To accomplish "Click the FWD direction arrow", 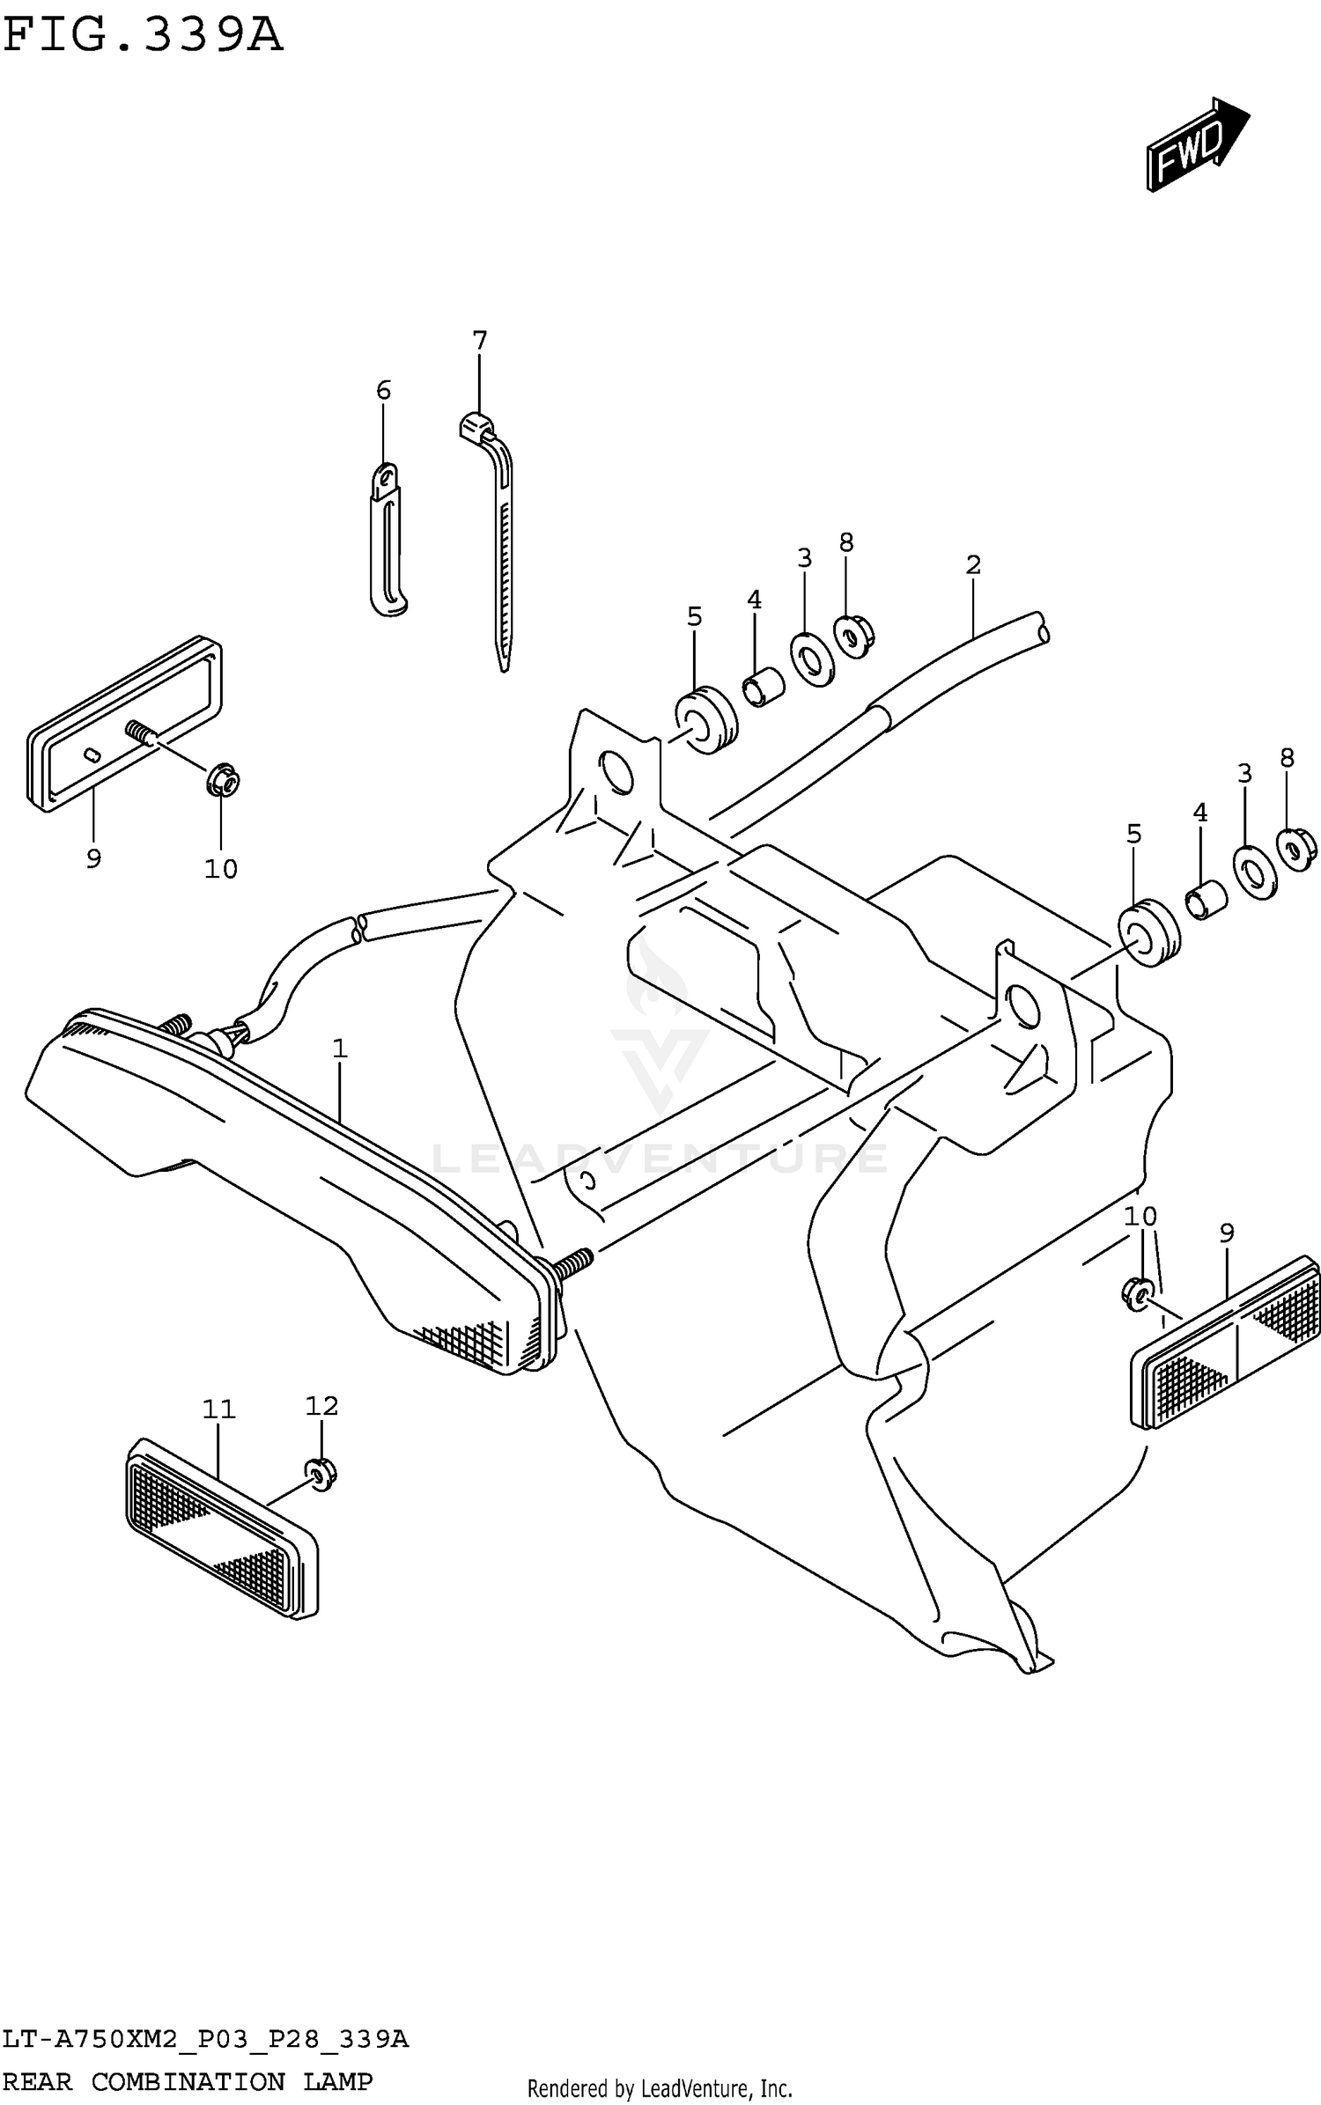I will (x=1196, y=144).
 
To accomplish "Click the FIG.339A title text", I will (x=143, y=37).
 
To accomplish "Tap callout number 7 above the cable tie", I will (x=479, y=341).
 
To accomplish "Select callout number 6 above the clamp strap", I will (x=383, y=390).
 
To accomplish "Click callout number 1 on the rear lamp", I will (x=340, y=1049).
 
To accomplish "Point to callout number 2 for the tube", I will (x=972, y=564).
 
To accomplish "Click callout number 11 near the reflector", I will (x=218, y=1409).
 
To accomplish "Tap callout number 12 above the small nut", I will (x=321, y=1406).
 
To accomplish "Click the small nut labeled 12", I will (x=321, y=1473).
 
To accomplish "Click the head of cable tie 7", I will (x=476, y=426).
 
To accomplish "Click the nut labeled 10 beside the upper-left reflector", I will (x=223, y=780).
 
